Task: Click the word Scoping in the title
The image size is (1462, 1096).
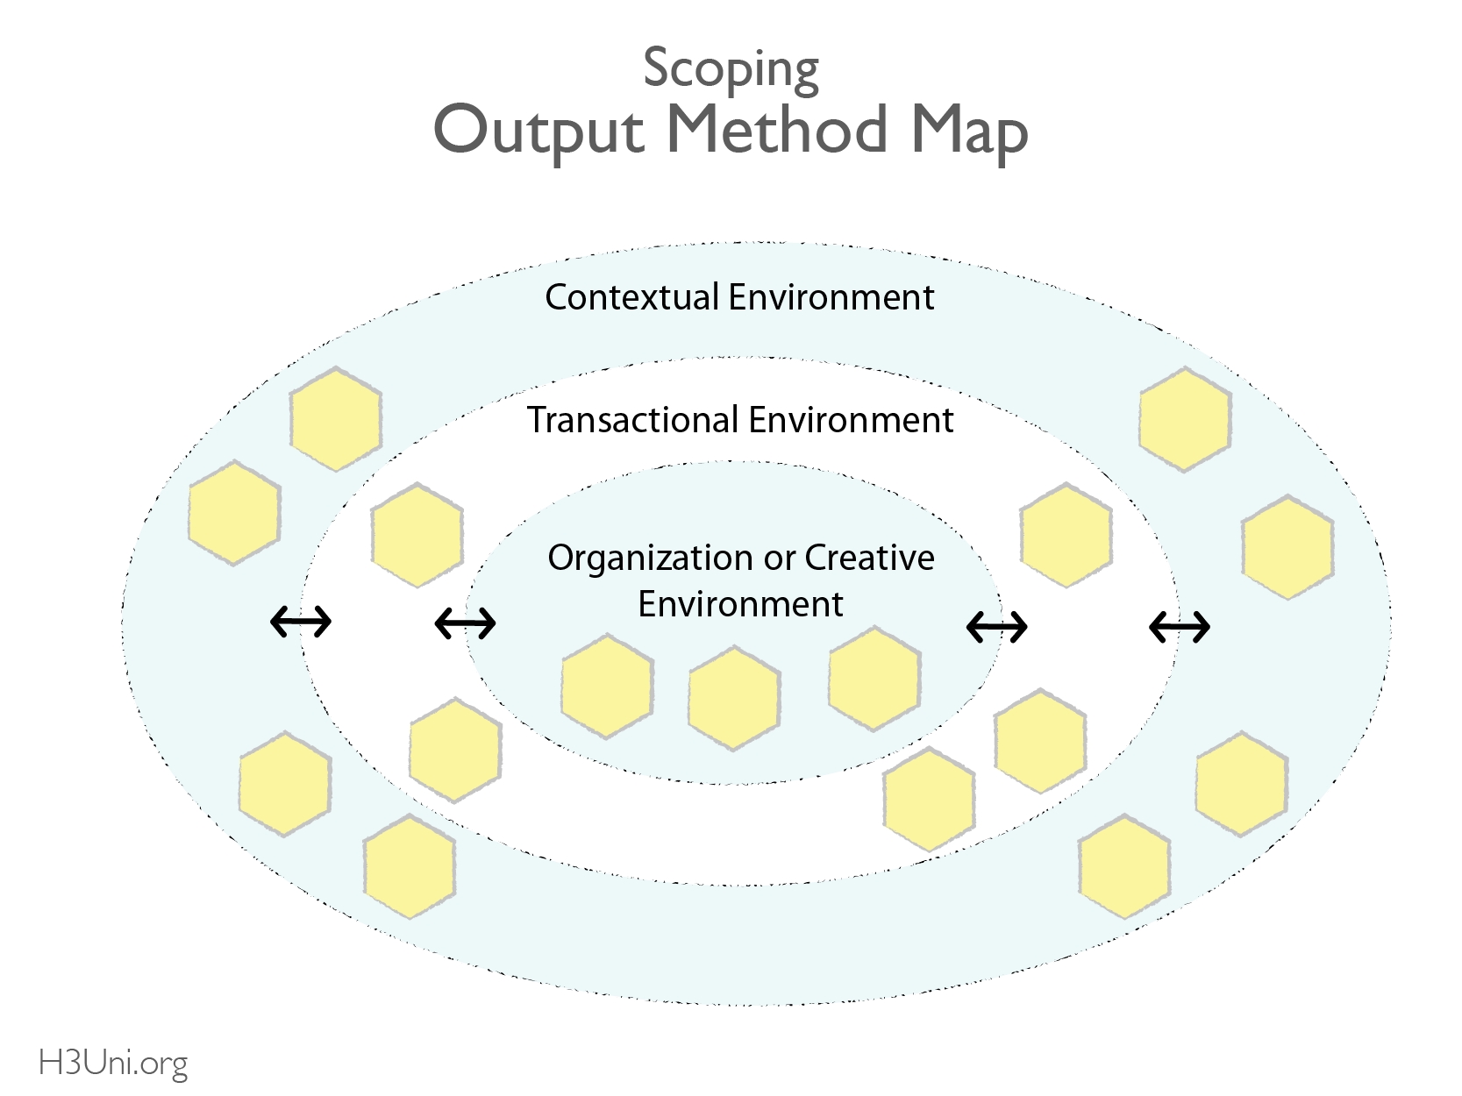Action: [731, 68]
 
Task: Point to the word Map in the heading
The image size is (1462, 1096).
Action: [969, 132]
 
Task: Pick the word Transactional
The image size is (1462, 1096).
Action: [632, 420]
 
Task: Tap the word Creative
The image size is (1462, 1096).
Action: [869, 558]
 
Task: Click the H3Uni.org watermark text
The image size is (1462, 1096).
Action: [113, 1064]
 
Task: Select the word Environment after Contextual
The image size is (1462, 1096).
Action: [831, 297]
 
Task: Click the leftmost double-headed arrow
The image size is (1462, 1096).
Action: [301, 623]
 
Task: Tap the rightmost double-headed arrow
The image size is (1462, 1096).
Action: [1180, 626]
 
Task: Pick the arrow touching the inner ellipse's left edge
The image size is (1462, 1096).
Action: [465, 623]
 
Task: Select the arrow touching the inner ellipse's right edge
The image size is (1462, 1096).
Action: [996, 626]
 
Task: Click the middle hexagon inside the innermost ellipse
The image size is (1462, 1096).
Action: [733, 698]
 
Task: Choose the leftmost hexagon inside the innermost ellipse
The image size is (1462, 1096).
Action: [607, 687]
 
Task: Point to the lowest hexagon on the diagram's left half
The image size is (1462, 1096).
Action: [410, 866]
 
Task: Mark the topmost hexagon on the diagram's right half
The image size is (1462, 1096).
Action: [1185, 420]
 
